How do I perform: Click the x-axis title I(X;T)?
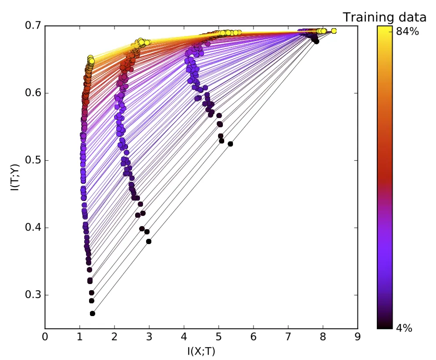point(201,351)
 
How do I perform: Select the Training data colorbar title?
point(384,17)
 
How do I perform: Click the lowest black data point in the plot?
point(93,313)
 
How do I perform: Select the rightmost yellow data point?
point(334,31)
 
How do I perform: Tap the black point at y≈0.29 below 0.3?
point(92,301)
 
